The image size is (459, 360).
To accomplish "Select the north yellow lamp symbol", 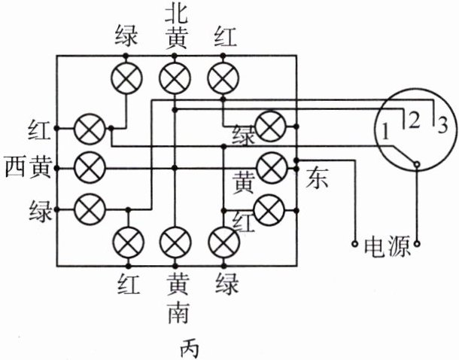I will [x=175, y=78].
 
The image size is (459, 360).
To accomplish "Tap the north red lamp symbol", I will [x=223, y=78].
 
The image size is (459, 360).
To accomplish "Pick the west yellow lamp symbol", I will [x=91, y=164].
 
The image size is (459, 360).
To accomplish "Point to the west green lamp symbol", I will [x=91, y=204].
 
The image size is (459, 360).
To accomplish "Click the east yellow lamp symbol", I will [x=269, y=164].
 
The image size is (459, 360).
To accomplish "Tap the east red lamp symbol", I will [x=269, y=205].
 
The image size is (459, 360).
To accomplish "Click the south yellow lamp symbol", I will [x=175, y=243].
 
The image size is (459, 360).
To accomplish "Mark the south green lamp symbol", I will [x=223, y=243].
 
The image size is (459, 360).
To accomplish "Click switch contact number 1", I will [x=385, y=133].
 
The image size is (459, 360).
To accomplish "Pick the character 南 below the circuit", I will [x=175, y=312].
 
